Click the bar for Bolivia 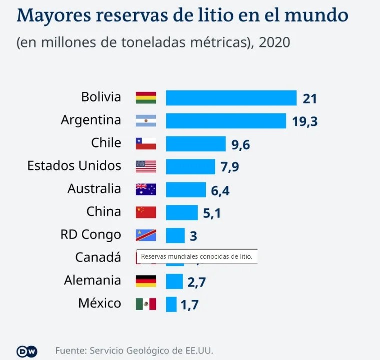coord(231,98)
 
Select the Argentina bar coord(226,121)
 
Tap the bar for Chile coord(196,144)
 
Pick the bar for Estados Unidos coord(190,166)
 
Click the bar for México coord(171,304)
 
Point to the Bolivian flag coord(146,98)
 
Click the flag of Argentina coord(146,121)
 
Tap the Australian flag coord(146,189)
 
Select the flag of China coord(146,212)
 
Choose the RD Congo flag coord(146,235)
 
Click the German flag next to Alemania coord(146,281)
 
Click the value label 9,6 coord(240,145)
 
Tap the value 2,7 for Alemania coord(197,282)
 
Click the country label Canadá coord(98,258)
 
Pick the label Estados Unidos coord(74,166)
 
